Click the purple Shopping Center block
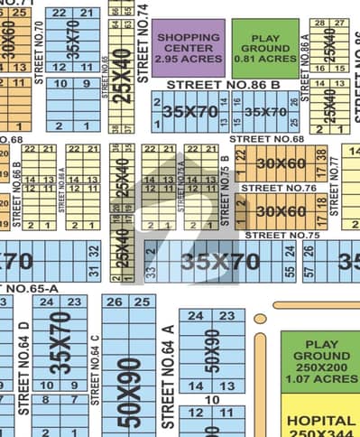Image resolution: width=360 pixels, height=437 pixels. click(x=189, y=46)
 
